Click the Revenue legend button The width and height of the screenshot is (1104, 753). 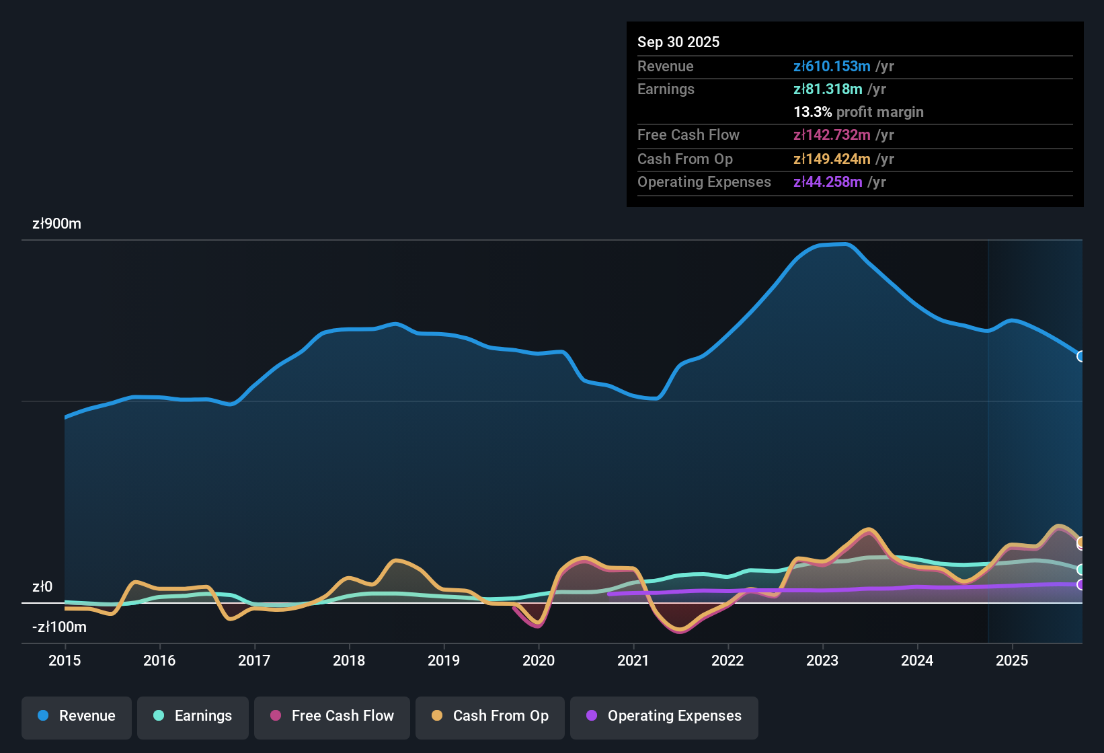point(77,716)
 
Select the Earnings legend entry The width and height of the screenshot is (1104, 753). point(192,716)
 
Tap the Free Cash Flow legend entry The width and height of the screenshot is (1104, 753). point(332,716)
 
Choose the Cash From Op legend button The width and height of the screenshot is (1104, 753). point(490,716)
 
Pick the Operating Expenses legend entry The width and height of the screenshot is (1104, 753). point(664,716)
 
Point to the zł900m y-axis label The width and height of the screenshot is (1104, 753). point(56,224)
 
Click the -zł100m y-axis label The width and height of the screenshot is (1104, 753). point(59,627)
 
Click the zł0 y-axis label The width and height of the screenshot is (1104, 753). point(42,587)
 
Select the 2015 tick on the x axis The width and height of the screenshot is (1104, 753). point(65,661)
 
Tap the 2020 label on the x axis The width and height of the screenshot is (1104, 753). point(539,661)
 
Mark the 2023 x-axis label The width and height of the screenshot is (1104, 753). point(822,661)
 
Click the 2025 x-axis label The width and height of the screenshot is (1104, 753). point(1012,661)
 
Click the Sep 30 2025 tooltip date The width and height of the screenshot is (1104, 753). point(678,42)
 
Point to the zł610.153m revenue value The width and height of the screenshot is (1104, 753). point(832,67)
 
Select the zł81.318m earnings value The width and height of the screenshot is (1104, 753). point(828,89)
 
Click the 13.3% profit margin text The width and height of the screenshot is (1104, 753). point(859,112)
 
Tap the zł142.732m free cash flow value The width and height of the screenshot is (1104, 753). point(832,135)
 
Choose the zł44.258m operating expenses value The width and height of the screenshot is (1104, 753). point(828,182)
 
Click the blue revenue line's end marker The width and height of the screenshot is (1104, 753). point(1080,356)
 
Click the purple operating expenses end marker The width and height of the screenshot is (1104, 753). point(1080,585)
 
